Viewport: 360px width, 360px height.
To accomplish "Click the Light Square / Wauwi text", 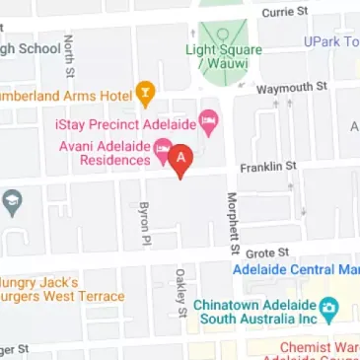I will [x=223, y=56].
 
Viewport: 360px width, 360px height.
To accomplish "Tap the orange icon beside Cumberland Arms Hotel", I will [x=147, y=94].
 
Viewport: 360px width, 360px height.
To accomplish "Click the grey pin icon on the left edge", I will [x=12, y=204].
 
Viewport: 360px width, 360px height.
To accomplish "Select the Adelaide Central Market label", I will [x=295, y=269].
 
